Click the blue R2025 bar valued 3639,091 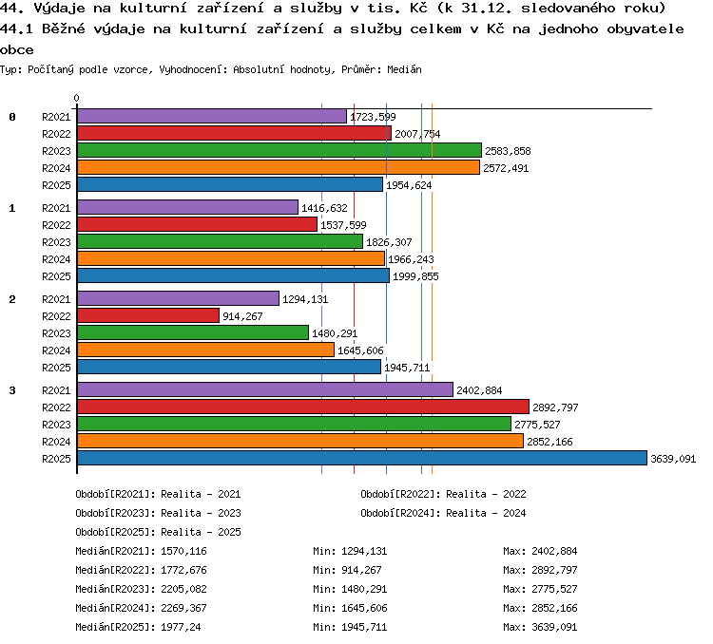click(362, 458)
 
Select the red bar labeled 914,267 click(148, 316)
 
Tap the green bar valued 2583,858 click(279, 150)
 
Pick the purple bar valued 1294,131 click(179, 298)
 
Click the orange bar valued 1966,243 click(231, 259)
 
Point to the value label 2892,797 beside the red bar click(555, 407)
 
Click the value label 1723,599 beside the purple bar click(373, 117)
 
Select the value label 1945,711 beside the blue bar click(407, 368)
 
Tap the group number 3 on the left click(12, 390)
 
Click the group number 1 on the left click(12, 208)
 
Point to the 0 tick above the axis click(76, 98)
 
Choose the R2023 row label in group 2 click(56, 333)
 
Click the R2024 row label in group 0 click(56, 169)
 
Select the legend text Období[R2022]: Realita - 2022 click(443, 494)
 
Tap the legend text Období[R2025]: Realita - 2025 click(158, 532)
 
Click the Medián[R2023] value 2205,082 click(183, 590)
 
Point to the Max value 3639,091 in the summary click(554, 627)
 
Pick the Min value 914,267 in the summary click(361, 570)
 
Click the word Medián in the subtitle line click(404, 69)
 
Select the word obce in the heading click(17, 49)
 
